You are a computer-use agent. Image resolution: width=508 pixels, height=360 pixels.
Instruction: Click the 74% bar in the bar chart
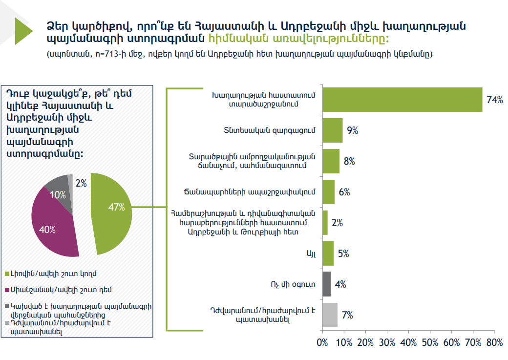pyautogui.click(x=402, y=100)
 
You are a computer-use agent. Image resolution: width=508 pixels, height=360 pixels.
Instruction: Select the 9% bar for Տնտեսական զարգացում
pyautogui.click(x=332, y=130)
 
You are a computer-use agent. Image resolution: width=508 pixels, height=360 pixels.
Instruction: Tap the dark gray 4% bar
pyautogui.click(x=326, y=284)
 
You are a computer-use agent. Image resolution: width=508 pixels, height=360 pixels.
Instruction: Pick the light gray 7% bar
pyautogui.click(x=330, y=315)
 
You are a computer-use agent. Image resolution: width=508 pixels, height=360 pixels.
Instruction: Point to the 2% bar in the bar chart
pyautogui.click(x=325, y=223)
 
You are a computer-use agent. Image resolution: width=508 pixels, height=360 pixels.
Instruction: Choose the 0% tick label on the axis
pyautogui.click(x=322, y=342)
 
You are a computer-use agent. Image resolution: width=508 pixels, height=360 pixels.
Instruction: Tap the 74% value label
pyautogui.click(x=494, y=100)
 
